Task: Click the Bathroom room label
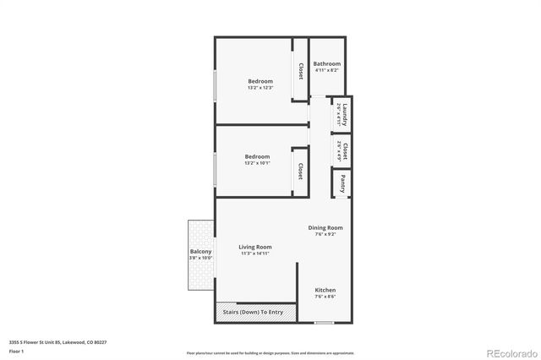click(x=326, y=64)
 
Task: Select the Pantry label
click(x=343, y=182)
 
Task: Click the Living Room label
click(x=254, y=247)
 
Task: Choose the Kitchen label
click(x=325, y=290)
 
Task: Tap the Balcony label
click(x=200, y=252)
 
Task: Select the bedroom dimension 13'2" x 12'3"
click(x=260, y=88)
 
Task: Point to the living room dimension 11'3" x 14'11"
click(x=254, y=254)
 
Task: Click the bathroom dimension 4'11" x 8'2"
click(x=326, y=71)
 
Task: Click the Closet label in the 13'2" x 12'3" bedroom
click(x=300, y=71)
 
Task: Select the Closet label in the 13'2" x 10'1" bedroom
click(x=299, y=172)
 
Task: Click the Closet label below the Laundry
click(x=344, y=151)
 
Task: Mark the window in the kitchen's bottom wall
click(x=324, y=323)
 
